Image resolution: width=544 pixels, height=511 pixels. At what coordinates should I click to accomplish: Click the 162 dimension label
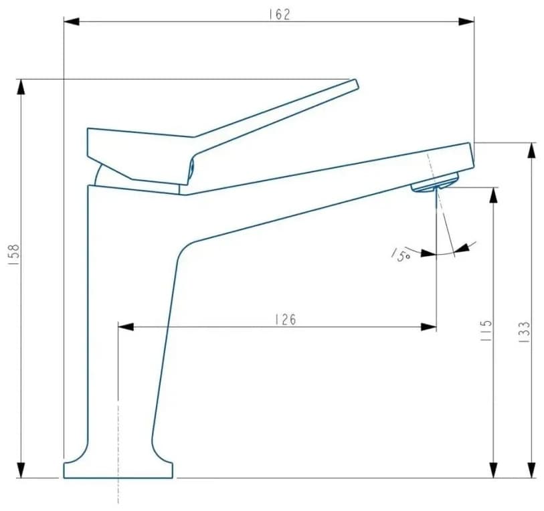coord(279,14)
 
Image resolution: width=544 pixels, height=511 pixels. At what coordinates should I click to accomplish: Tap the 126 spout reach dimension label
coord(286,320)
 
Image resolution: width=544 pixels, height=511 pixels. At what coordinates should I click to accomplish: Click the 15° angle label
coord(401,254)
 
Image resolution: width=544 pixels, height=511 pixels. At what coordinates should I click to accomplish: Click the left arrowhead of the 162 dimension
coord(72,21)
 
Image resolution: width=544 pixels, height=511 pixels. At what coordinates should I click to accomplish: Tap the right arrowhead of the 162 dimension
coord(466,21)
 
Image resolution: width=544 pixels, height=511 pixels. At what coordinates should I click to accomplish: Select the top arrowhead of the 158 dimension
coord(21,87)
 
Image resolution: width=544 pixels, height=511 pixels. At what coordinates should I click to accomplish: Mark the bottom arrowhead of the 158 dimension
coord(21,470)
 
